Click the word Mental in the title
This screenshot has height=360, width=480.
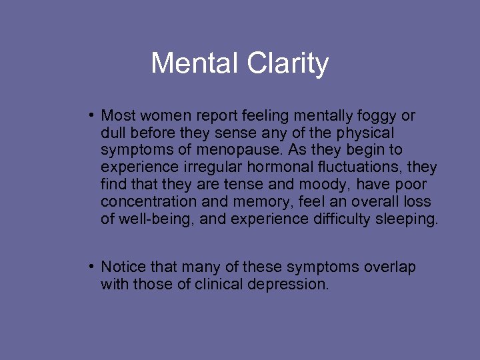click(195, 64)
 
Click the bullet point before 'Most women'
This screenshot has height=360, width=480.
click(89, 115)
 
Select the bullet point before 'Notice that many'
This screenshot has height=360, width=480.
click(89, 267)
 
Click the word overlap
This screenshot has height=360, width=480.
click(390, 267)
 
